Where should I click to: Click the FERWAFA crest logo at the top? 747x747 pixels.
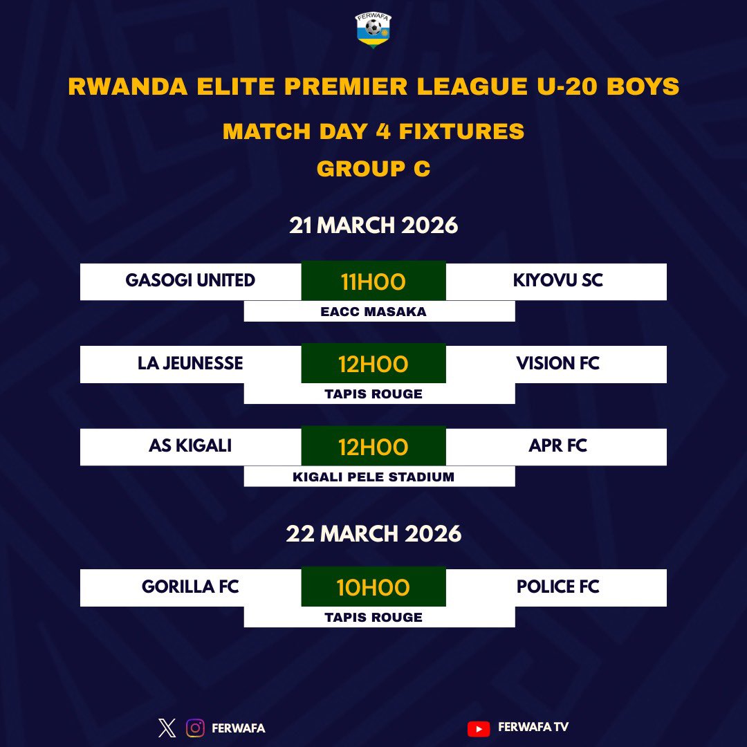click(373, 31)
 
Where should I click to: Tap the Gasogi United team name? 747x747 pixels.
click(190, 281)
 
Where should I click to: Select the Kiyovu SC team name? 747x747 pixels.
click(557, 281)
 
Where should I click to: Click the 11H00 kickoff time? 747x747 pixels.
click(373, 282)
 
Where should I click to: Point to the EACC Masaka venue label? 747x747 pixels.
click(373, 312)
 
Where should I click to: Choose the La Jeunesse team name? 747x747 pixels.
click(190, 364)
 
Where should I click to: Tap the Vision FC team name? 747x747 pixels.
click(557, 364)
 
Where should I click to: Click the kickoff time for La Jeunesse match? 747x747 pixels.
click(373, 365)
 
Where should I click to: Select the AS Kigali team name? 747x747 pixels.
click(190, 446)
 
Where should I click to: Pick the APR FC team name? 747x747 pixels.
click(557, 446)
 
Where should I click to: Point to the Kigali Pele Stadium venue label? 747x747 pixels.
click(373, 477)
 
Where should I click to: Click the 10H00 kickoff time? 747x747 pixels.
click(373, 588)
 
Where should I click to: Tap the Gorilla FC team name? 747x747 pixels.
click(190, 587)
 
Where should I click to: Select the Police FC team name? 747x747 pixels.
click(557, 587)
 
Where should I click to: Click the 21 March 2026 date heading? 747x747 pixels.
click(373, 225)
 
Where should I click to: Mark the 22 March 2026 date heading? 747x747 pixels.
click(373, 534)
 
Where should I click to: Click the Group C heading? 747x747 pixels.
click(373, 169)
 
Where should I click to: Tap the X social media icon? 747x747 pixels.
click(167, 728)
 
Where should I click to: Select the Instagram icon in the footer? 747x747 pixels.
click(196, 728)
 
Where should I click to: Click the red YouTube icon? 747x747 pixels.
click(478, 728)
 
